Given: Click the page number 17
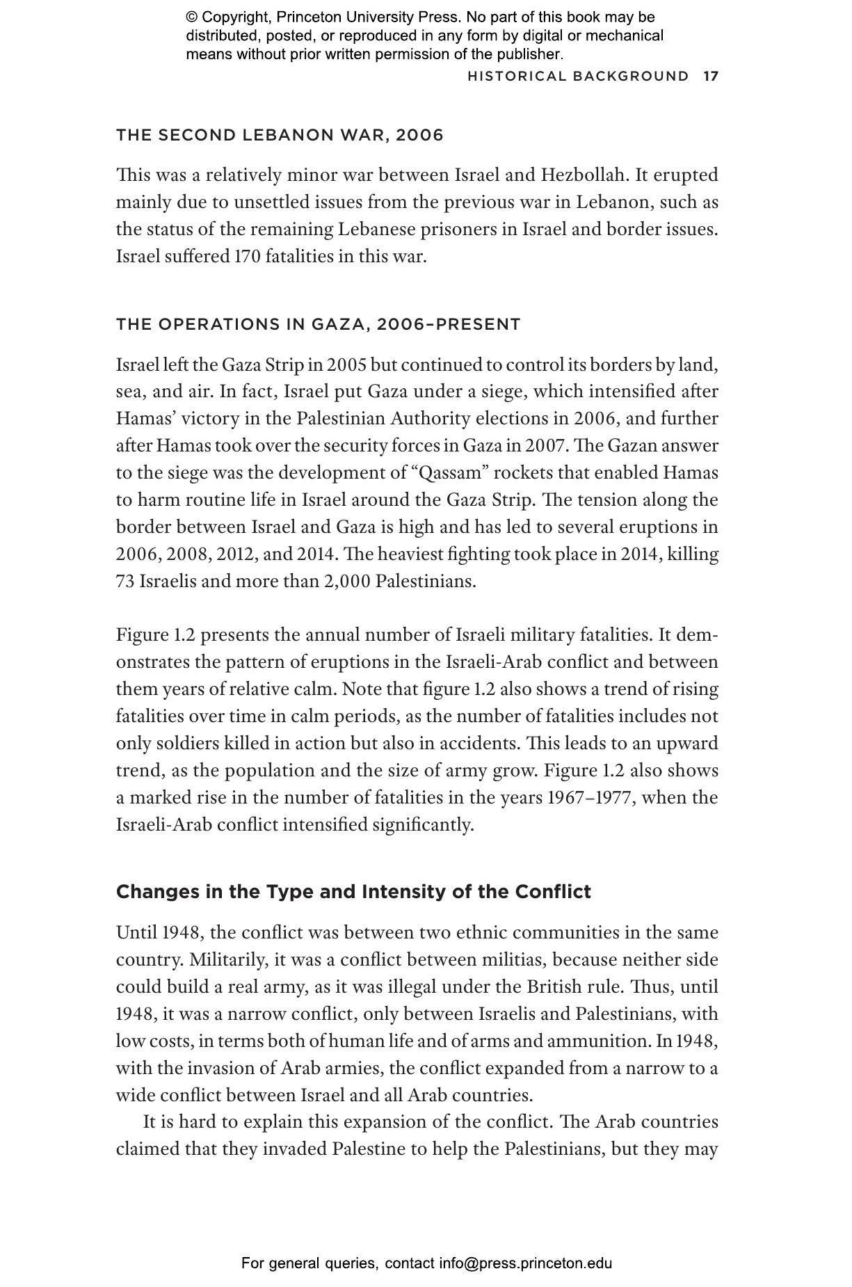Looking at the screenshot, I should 710,76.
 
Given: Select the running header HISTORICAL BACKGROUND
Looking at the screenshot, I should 578,76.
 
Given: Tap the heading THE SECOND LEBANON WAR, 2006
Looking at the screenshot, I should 280,135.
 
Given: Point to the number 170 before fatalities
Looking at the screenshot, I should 247,257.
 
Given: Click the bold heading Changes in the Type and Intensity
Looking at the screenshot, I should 353,892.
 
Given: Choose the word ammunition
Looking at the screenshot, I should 598,1041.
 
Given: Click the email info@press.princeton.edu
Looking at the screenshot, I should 525,1263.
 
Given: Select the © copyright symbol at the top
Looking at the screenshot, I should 192,17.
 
